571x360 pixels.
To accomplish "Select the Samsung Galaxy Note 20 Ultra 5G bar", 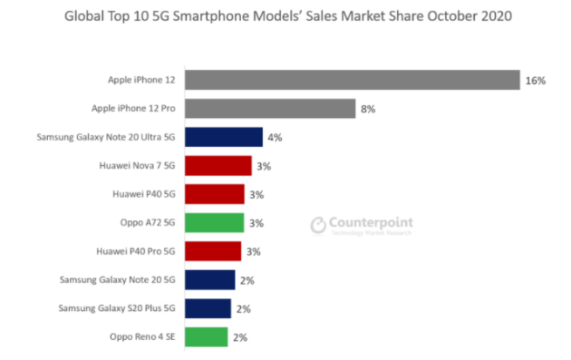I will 224,137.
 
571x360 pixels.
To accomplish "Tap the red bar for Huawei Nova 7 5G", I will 219,165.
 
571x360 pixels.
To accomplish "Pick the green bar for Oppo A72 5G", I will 215,223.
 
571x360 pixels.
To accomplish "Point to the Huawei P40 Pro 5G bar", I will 214,252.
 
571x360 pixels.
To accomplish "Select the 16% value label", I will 535,80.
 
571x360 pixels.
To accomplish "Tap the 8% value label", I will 368,109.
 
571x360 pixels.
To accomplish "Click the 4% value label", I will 275,137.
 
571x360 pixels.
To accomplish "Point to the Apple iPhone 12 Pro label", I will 134,108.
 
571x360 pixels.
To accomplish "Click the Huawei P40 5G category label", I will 144,194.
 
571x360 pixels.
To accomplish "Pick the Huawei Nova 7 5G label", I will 138,165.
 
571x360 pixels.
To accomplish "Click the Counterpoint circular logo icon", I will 319,225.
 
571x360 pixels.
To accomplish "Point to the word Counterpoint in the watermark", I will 371,223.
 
